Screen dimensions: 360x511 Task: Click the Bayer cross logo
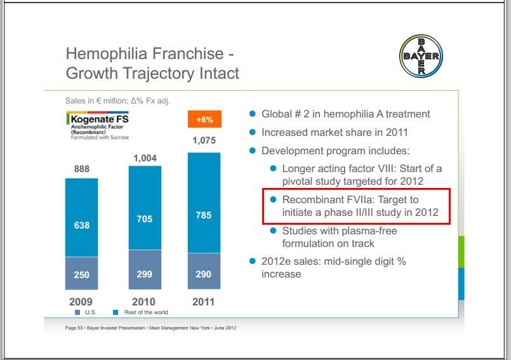[x=421, y=55]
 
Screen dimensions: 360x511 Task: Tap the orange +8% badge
[x=204, y=119]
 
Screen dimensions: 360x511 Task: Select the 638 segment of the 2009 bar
[x=82, y=225]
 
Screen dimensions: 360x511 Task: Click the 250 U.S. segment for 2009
[x=82, y=274]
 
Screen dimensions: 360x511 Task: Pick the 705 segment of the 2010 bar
[x=145, y=219]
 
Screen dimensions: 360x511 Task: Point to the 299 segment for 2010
[x=145, y=274]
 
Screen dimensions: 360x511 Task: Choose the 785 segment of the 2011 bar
[x=204, y=215]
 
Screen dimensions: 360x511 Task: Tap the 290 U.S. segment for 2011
[x=204, y=274]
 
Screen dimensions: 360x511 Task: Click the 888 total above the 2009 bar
[x=82, y=169]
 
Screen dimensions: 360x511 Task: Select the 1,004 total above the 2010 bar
[x=145, y=157]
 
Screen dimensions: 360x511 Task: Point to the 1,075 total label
[x=204, y=141]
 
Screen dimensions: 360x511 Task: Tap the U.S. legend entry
[x=86, y=312]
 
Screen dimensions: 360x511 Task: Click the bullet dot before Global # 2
[x=253, y=114]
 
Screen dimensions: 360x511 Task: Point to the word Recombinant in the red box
[x=312, y=199]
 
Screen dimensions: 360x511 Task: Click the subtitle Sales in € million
[x=117, y=101]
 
